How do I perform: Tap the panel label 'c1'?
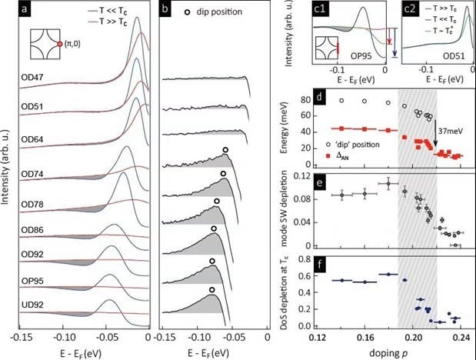[x=316, y=10]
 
